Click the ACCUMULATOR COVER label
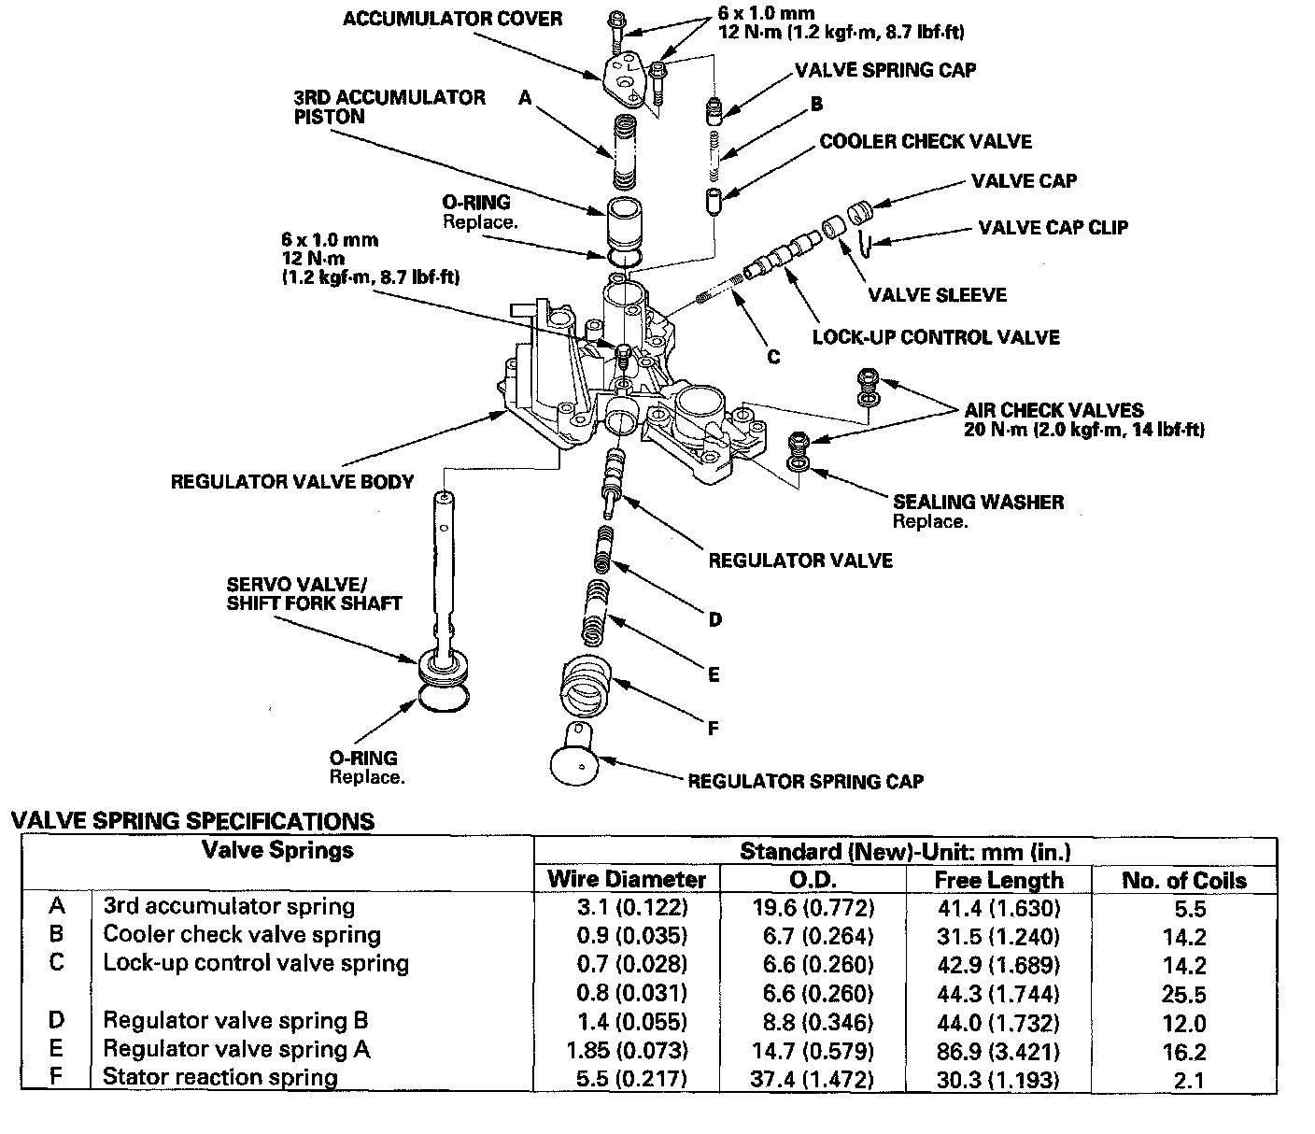click(452, 19)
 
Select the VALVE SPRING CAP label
click(885, 69)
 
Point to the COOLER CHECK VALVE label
click(925, 141)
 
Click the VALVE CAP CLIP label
click(1053, 227)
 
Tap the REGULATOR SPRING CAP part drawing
click(575, 754)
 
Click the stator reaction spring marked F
click(586, 687)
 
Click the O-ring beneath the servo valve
click(444, 699)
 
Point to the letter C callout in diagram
click(773, 357)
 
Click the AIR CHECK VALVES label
click(1053, 409)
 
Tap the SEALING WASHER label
click(978, 502)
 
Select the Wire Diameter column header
click(627, 879)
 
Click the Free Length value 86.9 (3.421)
click(998, 1051)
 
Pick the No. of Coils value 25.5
click(1184, 994)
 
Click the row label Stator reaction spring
click(220, 1077)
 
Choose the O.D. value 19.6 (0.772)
click(813, 907)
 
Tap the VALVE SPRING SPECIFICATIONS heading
click(192, 821)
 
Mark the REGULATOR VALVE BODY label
click(292, 481)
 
